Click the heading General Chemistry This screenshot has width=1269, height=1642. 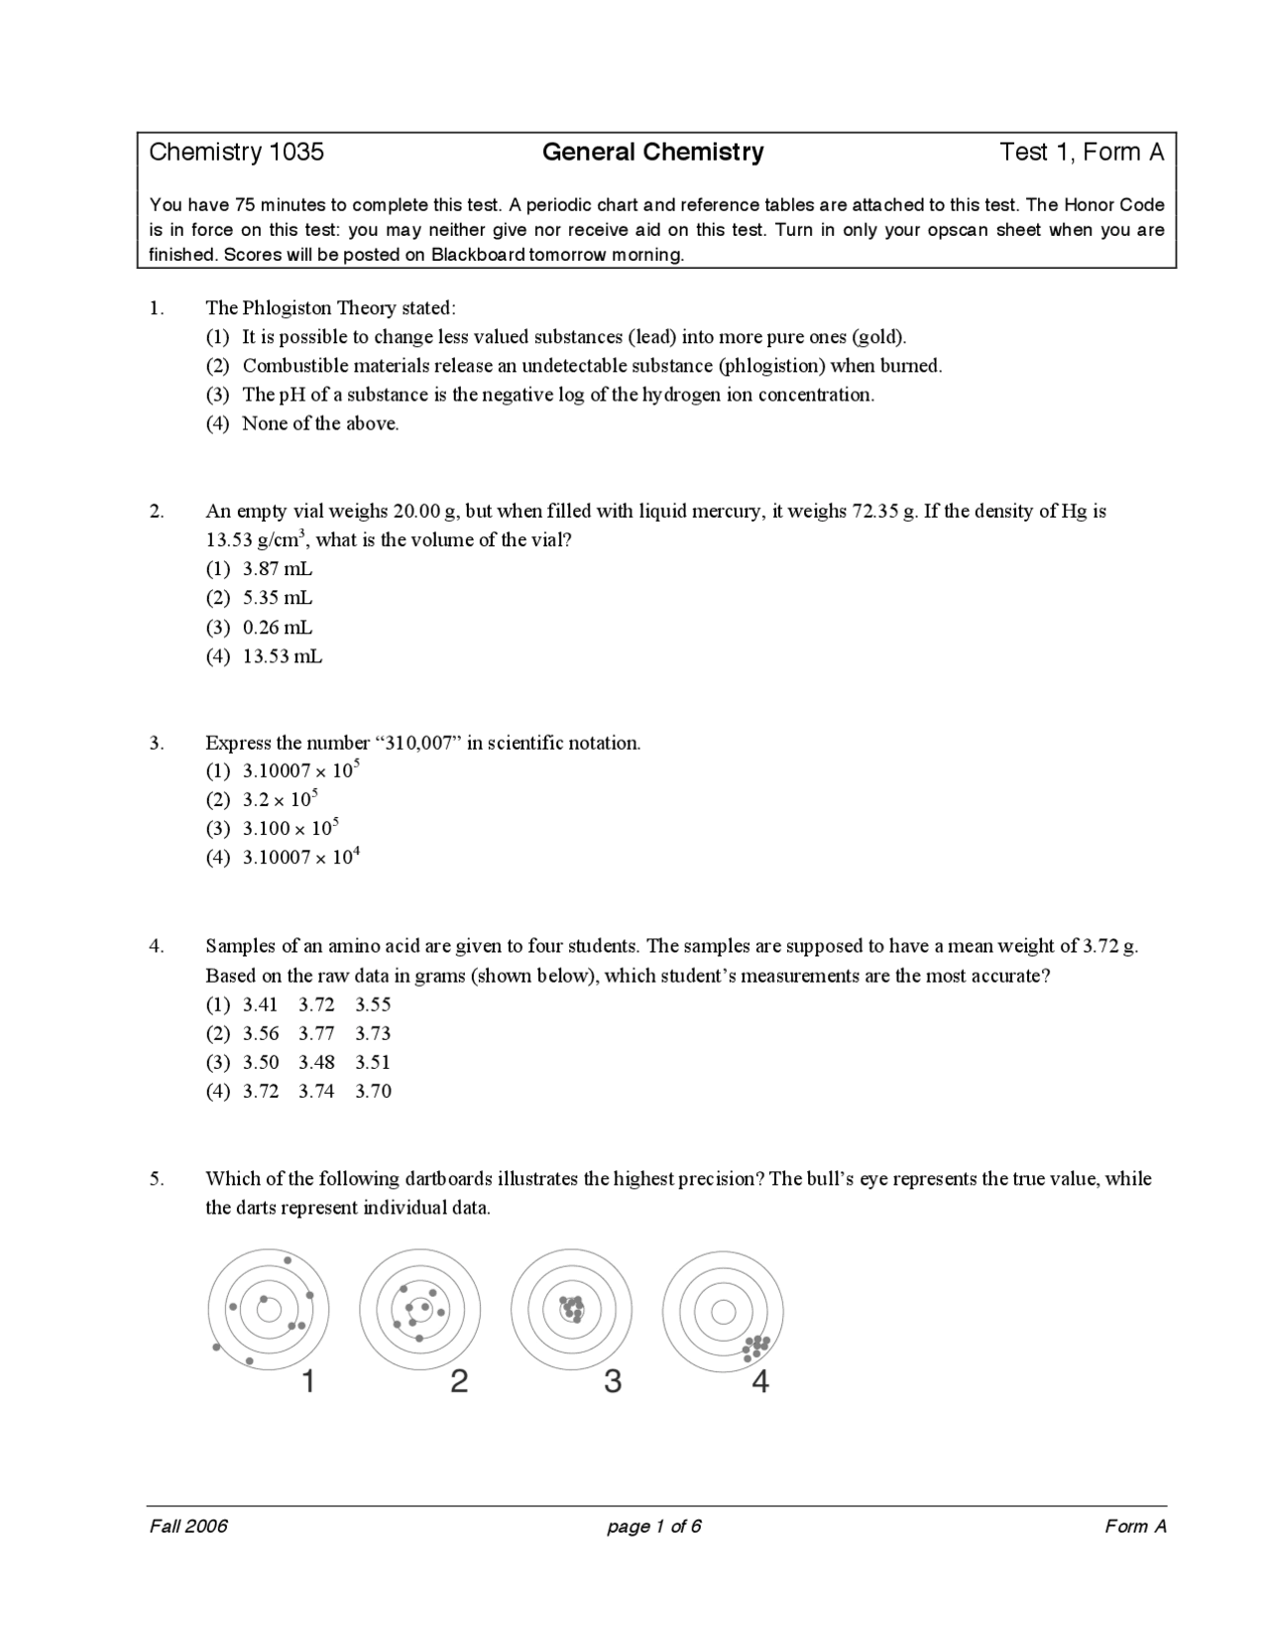(x=652, y=152)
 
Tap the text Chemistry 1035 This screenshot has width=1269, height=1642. (x=236, y=152)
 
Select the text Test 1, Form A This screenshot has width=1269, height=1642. (x=1082, y=152)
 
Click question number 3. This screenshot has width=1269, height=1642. (x=157, y=743)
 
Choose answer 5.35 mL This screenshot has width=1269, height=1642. (x=277, y=598)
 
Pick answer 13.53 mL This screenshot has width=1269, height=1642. (x=282, y=656)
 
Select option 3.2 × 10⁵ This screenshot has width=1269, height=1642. (x=280, y=799)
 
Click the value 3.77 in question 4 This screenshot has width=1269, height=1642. (x=316, y=1033)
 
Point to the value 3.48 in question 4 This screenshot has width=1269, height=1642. (x=316, y=1062)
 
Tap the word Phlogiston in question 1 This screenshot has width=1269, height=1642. (x=288, y=307)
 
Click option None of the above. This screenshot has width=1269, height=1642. (x=320, y=423)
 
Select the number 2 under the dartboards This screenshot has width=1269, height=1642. (x=459, y=1380)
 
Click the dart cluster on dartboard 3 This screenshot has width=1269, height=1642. (x=572, y=1309)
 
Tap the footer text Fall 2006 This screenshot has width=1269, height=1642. (x=188, y=1526)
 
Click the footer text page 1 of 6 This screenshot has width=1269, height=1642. (x=654, y=1526)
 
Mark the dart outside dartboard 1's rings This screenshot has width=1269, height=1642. (x=216, y=1348)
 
